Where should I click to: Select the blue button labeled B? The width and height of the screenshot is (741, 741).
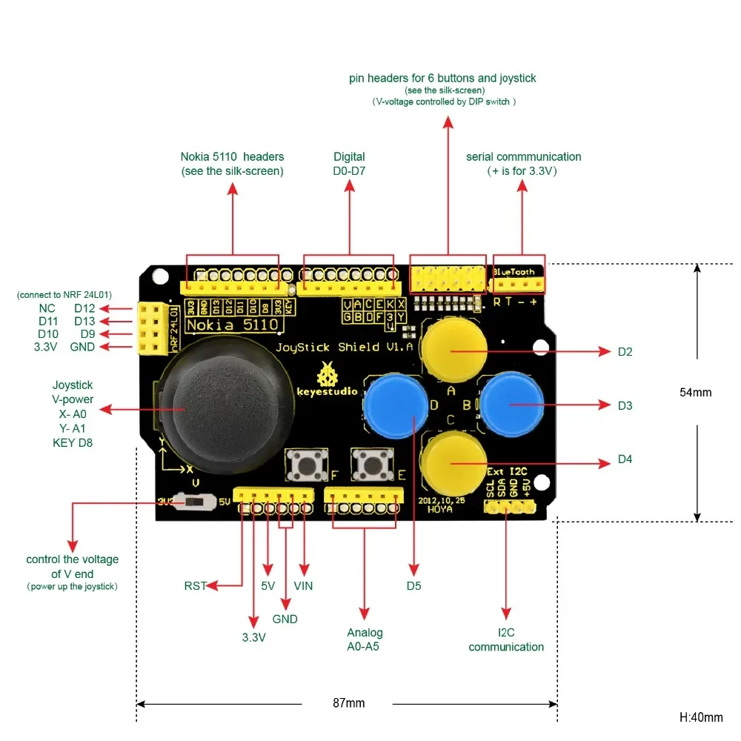pos(513,404)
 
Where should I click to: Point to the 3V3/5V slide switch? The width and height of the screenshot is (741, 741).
pos(192,502)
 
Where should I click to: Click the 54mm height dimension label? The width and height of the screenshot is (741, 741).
pos(695,392)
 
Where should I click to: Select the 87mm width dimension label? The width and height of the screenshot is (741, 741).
pos(347,703)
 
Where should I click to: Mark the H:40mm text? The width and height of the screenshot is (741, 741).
pos(700,717)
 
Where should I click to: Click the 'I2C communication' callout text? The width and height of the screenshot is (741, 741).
pos(506,639)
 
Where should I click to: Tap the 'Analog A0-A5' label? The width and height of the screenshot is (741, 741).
pos(365,639)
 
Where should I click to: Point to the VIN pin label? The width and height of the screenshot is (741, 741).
pos(303,585)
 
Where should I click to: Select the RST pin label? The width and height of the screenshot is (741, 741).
pos(196,585)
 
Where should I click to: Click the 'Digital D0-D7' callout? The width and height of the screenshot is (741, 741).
pos(349,164)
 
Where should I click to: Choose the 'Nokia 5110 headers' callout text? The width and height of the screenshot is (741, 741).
pos(232,164)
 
